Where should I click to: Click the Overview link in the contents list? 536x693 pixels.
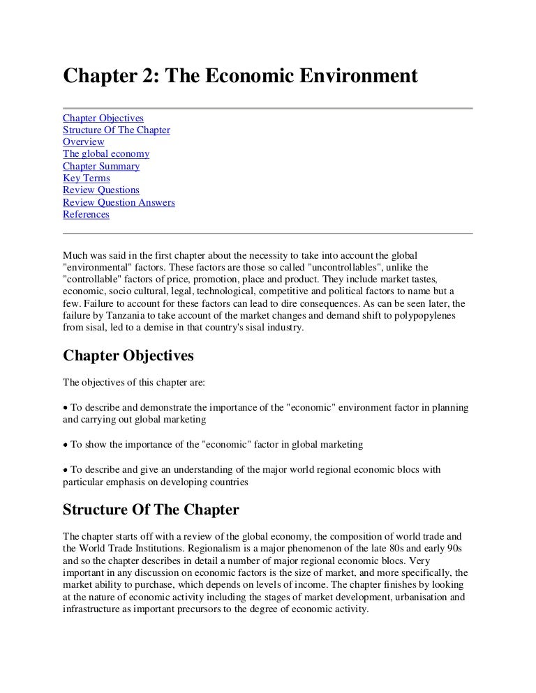[83, 142]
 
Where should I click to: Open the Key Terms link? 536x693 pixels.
[86, 178]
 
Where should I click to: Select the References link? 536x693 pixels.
[86, 214]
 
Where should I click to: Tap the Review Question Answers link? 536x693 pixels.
[119, 202]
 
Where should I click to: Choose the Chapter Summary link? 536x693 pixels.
[101, 166]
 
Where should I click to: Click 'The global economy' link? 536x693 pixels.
[106, 153]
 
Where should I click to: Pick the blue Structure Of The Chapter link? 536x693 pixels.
[117, 130]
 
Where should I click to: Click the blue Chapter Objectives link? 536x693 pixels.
[103, 118]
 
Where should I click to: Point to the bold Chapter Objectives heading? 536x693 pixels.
[128, 356]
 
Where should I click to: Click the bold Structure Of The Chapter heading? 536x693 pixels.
[151, 510]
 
